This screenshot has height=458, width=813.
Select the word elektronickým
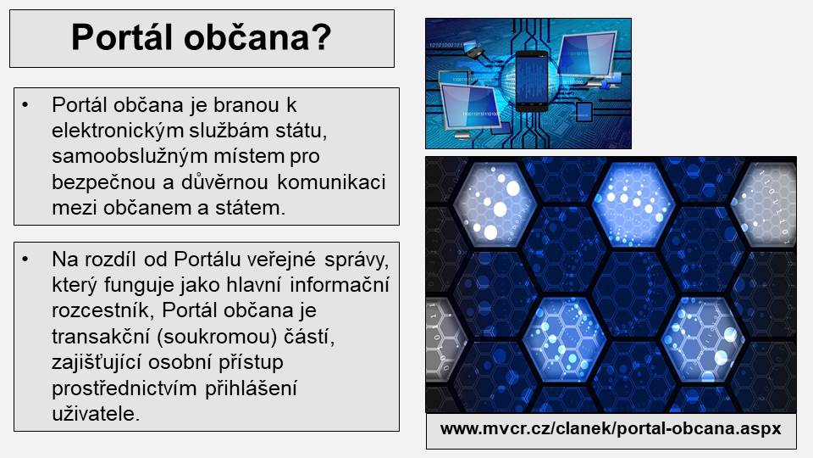118,131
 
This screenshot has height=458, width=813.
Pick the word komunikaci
331,182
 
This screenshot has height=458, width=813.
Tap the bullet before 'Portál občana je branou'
25,105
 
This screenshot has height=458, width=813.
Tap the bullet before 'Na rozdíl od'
25,259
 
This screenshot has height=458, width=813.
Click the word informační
339,285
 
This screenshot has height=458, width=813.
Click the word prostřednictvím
124,388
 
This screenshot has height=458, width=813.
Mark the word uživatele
96,413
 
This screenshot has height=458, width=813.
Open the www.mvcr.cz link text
611,428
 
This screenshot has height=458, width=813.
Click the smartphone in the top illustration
532,81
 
